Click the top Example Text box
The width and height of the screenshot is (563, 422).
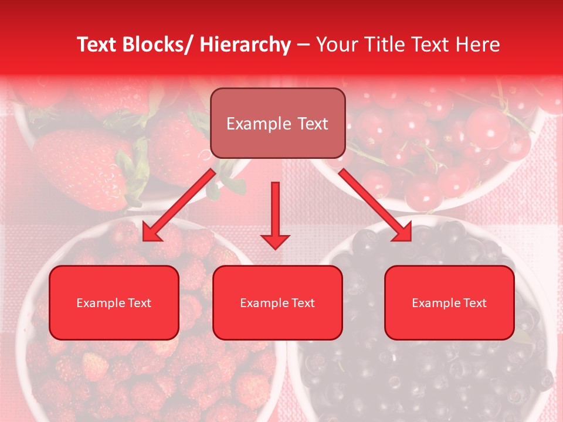tap(277, 123)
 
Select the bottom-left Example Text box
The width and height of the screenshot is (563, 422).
tap(114, 302)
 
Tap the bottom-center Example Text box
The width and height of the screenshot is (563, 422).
tap(277, 302)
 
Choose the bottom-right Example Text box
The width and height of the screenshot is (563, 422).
tap(449, 302)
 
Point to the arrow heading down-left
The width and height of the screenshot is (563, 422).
tap(179, 205)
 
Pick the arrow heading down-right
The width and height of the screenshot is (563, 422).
tap(375, 205)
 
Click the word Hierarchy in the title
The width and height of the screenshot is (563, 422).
tap(245, 45)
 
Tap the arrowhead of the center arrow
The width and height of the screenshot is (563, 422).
tap(275, 240)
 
